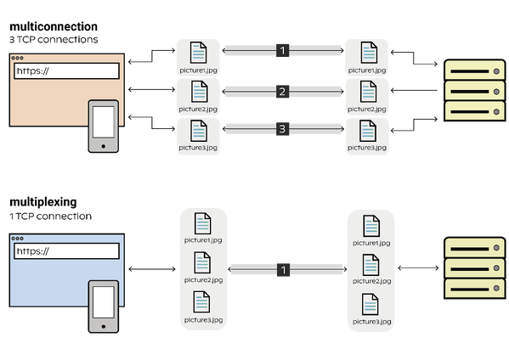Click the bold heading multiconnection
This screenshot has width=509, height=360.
pos(54,26)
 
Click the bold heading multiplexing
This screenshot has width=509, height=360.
pos(43,202)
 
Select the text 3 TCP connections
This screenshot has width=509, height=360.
pos(54,40)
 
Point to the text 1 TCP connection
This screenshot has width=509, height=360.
pos(51,217)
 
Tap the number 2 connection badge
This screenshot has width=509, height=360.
pos(282,92)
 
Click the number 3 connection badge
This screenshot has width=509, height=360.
pos(282,129)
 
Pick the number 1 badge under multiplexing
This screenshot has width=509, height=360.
pos(283,270)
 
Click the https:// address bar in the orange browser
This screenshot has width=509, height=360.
pos(66,71)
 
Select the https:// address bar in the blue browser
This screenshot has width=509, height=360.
pos(66,251)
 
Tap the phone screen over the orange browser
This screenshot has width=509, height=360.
pos(104,122)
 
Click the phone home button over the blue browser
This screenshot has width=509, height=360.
pos(104,326)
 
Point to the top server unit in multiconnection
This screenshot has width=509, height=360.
pos(475,70)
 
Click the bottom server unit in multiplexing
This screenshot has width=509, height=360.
pos(475,289)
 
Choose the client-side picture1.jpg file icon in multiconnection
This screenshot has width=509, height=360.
pos(198,53)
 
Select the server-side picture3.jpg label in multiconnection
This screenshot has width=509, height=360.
pos(367,148)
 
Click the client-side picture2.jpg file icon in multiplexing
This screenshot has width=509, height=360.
pos(202,262)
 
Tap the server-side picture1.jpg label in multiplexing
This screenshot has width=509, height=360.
pos(371,243)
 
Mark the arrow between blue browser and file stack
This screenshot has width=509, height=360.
pos(152,269)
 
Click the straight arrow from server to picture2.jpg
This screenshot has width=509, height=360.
pos(414,90)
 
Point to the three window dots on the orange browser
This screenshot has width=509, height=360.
pos(17,58)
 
